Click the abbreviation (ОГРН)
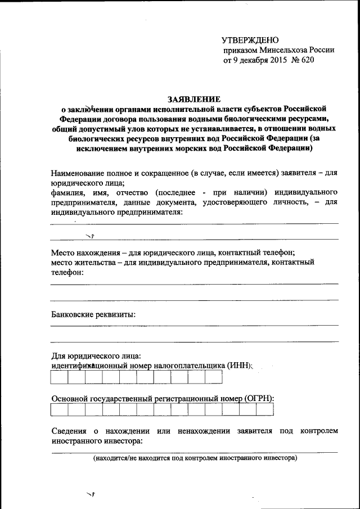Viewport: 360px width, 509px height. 259,398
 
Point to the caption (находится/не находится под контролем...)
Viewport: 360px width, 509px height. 195,458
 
